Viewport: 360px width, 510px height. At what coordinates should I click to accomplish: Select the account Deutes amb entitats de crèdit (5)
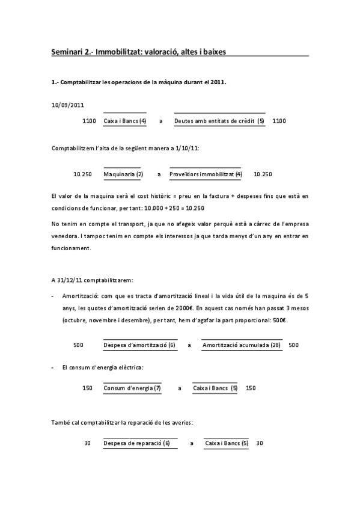219,121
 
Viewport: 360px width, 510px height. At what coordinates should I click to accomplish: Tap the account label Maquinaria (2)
123,174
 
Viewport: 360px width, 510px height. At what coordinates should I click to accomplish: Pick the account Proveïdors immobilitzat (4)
206,174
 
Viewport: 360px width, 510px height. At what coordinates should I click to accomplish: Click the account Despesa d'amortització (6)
139,345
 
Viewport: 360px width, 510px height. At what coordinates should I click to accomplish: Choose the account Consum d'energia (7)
132,388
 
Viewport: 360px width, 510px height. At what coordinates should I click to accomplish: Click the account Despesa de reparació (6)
136,443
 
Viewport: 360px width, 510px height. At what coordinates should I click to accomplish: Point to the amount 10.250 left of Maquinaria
82,174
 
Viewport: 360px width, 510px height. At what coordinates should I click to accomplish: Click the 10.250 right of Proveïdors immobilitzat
263,174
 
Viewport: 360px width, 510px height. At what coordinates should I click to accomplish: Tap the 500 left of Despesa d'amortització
78,345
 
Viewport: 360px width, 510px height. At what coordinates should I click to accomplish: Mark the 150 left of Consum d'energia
87,388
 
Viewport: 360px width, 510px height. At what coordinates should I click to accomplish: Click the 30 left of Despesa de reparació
87,443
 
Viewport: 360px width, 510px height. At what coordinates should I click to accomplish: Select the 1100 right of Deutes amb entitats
279,121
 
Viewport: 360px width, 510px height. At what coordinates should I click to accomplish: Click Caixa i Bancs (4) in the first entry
125,121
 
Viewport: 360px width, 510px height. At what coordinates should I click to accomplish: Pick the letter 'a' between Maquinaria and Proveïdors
159,174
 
